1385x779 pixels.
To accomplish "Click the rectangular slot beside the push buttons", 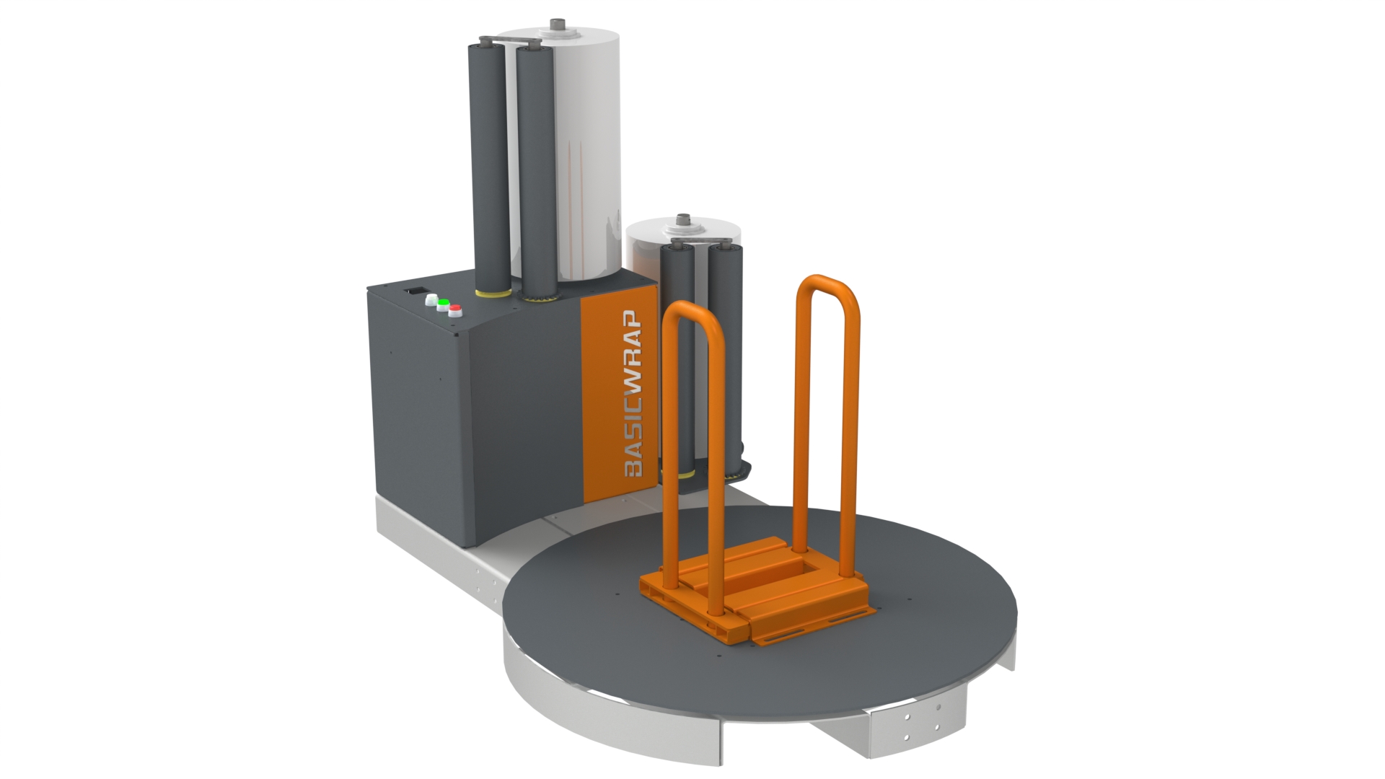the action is [414, 291].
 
